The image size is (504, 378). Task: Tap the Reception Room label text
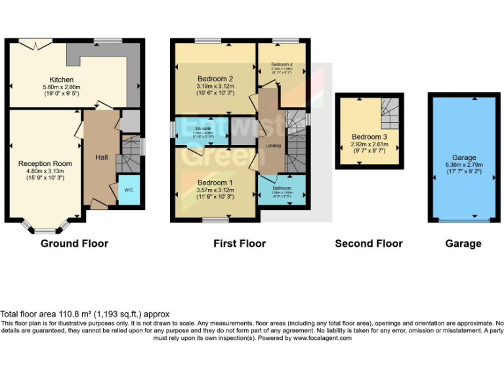pyautogui.click(x=45, y=163)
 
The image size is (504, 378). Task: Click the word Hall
pyautogui.click(x=102, y=157)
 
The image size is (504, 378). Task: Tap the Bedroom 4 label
pyautogui.click(x=282, y=64)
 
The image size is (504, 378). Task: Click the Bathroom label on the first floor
pyautogui.click(x=282, y=188)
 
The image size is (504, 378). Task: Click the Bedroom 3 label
pyautogui.click(x=368, y=136)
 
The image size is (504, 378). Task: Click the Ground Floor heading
pyautogui.click(x=74, y=243)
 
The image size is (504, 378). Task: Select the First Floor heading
pyautogui.click(x=240, y=243)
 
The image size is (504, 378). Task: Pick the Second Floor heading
pyautogui.click(x=369, y=243)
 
